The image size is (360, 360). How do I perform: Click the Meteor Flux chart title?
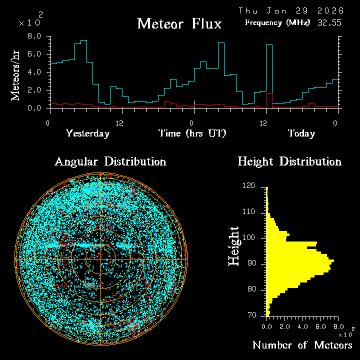click(179, 23)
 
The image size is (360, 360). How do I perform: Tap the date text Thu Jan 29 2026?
click(291, 10)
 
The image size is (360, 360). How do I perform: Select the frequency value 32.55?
click(329, 22)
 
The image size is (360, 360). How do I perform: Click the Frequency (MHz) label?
click(277, 22)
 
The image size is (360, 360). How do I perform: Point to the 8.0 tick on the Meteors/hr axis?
click(34, 36)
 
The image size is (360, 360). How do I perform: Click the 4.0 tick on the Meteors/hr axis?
click(34, 72)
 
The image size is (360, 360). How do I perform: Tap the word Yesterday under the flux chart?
click(87, 133)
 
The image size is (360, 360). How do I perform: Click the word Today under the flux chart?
click(301, 133)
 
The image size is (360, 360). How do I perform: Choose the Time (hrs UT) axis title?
click(192, 133)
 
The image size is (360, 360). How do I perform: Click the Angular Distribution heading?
click(110, 161)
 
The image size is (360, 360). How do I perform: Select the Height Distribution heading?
click(289, 161)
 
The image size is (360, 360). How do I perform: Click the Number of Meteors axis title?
click(302, 345)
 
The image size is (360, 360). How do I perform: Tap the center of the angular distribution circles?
click(100, 259)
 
